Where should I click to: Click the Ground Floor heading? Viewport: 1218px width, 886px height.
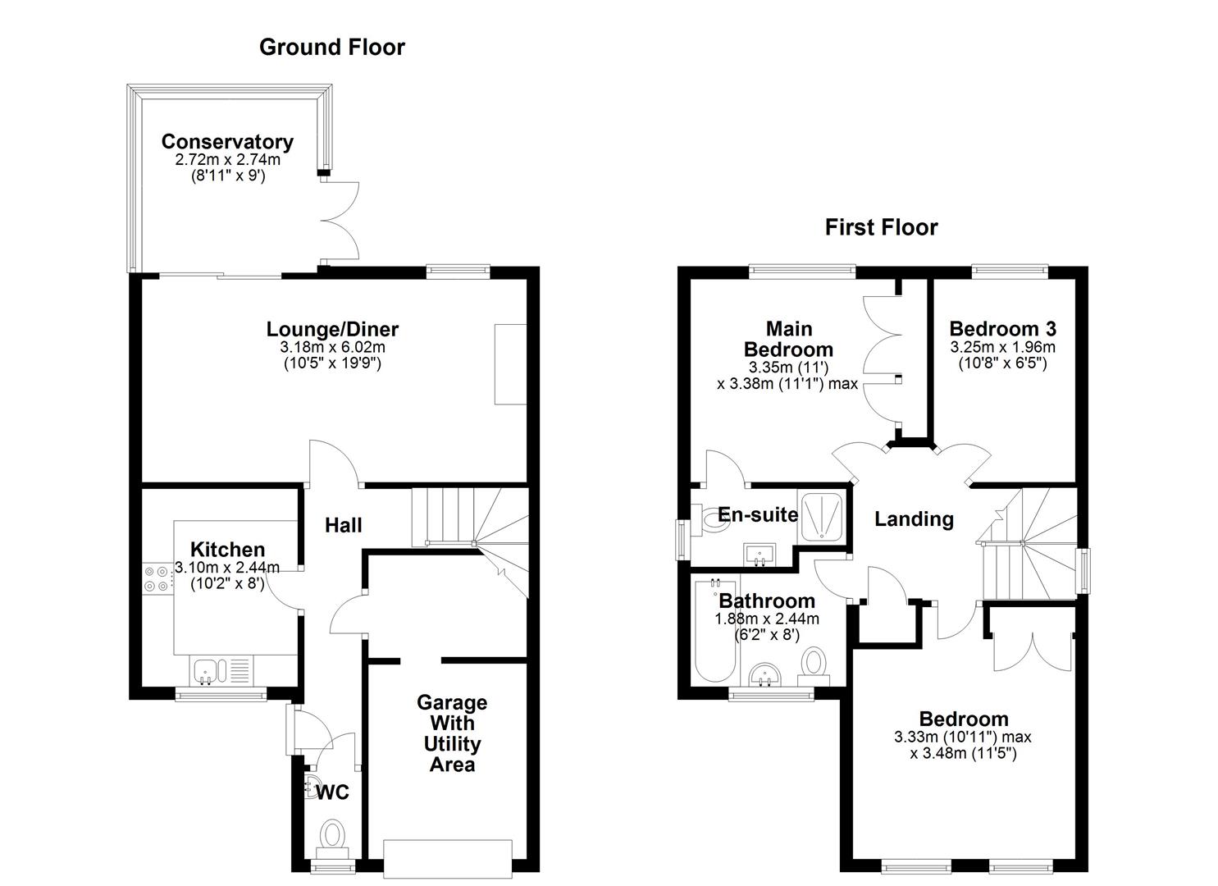click(332, 48)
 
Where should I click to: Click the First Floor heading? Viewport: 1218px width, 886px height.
click(882, 227)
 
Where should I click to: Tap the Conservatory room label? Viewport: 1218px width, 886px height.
click(227, 141)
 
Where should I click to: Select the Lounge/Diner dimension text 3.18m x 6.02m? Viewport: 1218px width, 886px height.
click(333, 347)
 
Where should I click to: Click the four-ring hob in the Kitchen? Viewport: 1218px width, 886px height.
click(156, 578)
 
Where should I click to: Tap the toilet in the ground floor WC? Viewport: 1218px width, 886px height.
click(332, 838)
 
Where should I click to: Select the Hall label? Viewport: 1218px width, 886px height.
click(343, 525)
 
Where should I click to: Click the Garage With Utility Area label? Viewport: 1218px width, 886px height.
click(452, 733)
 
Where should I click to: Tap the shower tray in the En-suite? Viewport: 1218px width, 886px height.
click(820, 517)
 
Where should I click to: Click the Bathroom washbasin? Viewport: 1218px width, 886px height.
click(764, 675)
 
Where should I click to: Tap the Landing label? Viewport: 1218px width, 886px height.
click(914, 518)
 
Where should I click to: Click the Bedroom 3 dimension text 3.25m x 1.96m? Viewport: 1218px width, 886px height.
click(1002, 347)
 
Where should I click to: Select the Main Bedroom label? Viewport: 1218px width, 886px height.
click(788, 339)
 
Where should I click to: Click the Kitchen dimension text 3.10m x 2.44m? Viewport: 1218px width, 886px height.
click(226, 568)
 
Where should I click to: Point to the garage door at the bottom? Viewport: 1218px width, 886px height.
click(448, 859)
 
